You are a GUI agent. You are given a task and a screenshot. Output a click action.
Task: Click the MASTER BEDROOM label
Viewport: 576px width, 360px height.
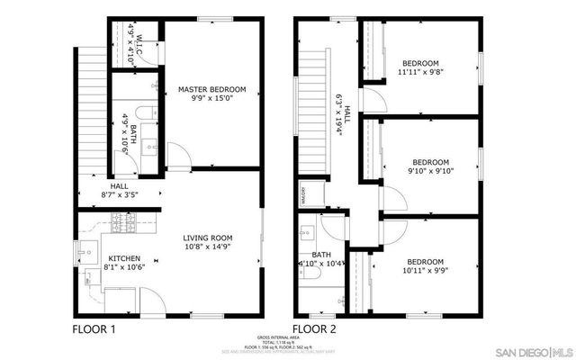211,89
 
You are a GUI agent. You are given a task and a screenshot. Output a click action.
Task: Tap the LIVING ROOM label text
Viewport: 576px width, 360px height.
210,238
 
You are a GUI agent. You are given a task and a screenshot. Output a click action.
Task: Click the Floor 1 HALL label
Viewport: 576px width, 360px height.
119,186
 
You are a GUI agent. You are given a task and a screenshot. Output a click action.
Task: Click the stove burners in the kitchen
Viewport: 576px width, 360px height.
121,222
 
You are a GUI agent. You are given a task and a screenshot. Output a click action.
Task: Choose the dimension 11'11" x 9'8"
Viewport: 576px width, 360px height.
419,71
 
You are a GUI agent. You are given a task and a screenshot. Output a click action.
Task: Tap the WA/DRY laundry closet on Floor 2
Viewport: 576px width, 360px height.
306,193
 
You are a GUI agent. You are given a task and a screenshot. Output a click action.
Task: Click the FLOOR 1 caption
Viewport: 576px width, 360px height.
94,329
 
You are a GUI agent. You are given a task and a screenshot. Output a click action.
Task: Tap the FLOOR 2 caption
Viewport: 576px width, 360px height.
315,329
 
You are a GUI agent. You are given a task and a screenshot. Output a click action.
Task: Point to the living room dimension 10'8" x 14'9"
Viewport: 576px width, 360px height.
210,247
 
